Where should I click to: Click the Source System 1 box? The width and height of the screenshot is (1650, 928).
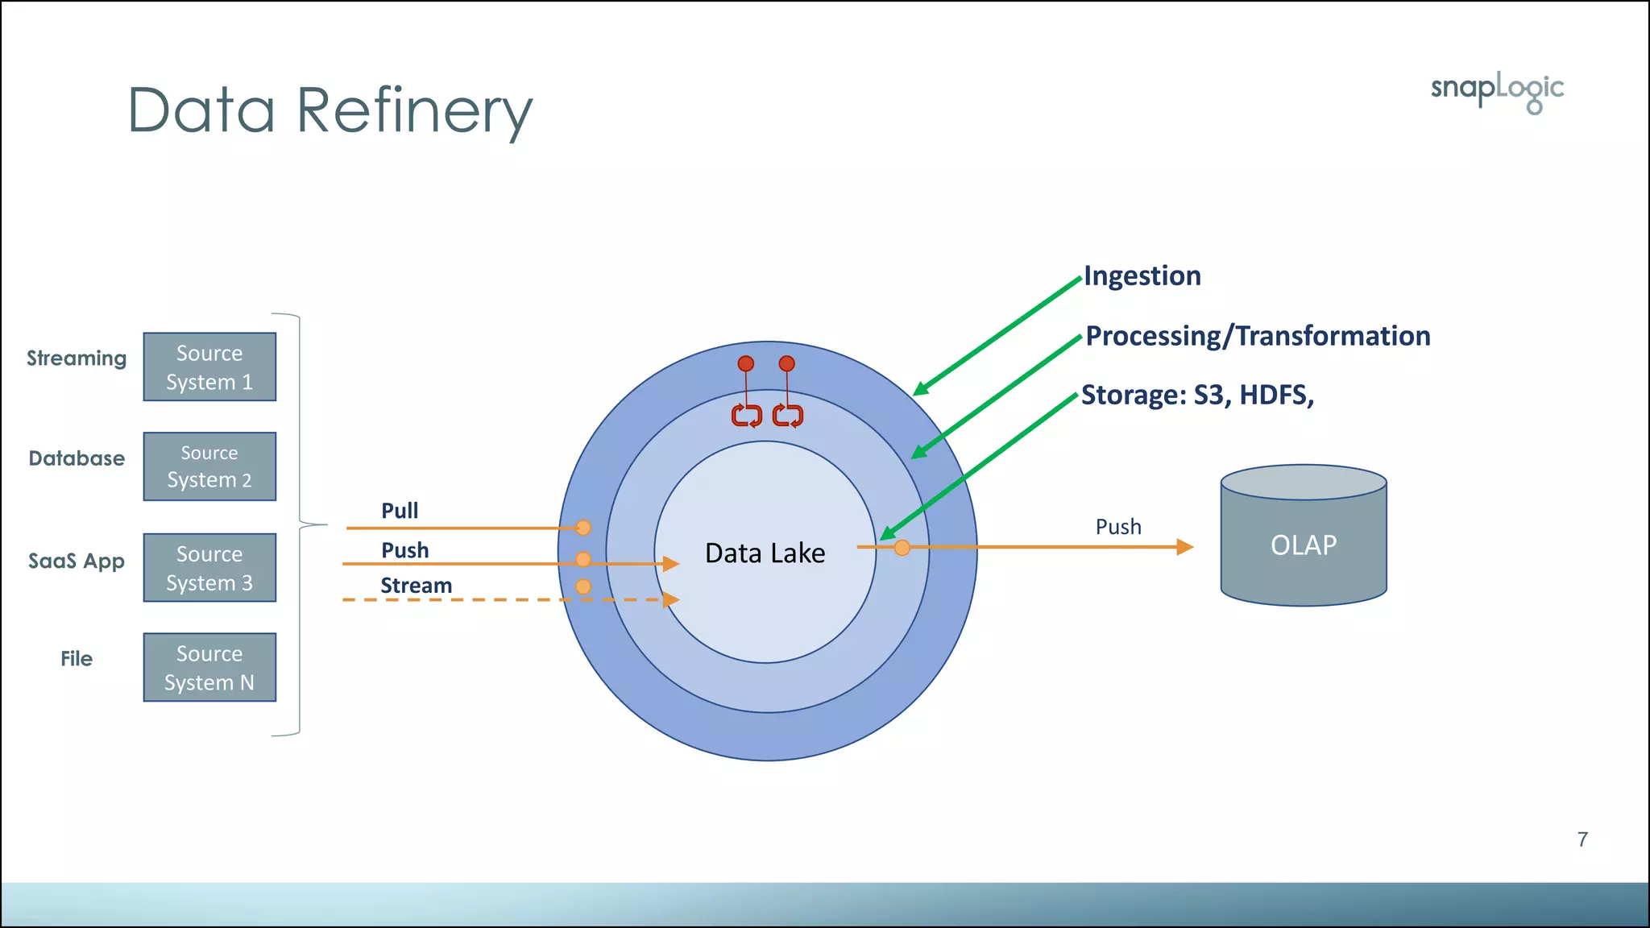coord(209,367)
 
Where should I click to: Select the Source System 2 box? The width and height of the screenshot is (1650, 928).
coord(209,466)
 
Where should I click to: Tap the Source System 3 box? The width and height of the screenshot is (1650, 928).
coord(209,568)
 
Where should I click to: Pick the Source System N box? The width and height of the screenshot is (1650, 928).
coord(209,668)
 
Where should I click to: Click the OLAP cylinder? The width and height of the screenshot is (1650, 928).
coord(1303,545)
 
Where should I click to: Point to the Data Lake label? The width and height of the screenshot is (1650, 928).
coord(765,553)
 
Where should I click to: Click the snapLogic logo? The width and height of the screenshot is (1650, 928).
coord(1497,91)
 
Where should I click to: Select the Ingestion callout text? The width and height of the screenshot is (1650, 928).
coord(1142,276)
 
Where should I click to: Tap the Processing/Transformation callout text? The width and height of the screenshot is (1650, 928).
coord(1257,336)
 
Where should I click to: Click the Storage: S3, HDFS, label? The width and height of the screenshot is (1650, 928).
coord(1197,396)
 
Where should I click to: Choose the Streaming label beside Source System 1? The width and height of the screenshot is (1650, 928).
coord(77,358)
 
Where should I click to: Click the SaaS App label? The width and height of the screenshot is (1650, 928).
coord(77,561)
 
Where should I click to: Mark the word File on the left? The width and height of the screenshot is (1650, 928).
coord(77,659)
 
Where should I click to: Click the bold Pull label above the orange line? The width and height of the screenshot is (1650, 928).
coord(400,511)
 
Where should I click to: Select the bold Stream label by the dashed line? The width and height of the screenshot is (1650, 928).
coord(416,586)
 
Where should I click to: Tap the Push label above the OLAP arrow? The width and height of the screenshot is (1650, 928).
coord(1118,527)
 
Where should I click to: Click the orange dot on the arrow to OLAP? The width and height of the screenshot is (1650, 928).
coord(902,548)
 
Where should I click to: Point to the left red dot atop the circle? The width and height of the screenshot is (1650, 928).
coord(746,364)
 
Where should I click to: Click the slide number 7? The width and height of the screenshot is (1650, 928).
coord(1582,839)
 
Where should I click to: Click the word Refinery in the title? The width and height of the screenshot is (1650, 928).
coord(414,110)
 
